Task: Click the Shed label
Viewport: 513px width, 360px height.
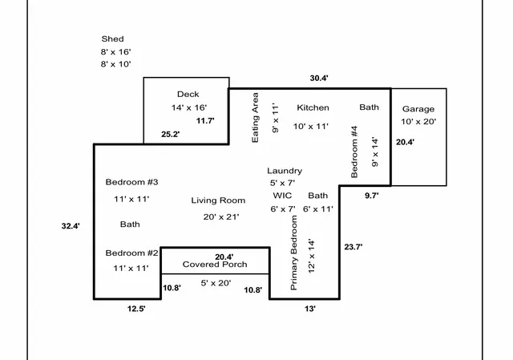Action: pyautogui.click(x=112, y=38)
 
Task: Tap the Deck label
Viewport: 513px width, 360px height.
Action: pyautogui.click(x=188, y=94)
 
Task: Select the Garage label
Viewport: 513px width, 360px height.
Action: pyautogui.click(x=418, y=109)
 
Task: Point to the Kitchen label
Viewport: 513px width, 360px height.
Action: pyautogui.click(x=313, y=107)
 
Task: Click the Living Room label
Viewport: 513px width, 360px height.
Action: pyautogui.click(x=218, y=200)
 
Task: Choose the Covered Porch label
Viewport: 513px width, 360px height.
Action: pyautogui.click(x=214, y=265)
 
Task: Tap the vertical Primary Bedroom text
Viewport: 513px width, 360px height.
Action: pyautogui.click(x=294, y=253)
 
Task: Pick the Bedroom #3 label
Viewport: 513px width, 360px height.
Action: pyautogui.click(x=132, y=182)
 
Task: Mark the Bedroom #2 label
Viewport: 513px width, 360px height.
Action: pyautogui.click(x=132, y=253)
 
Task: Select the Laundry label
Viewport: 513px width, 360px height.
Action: pyautogui.click(x=285, y=171)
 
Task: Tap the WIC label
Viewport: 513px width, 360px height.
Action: pyautogui.click(x=282, y=196)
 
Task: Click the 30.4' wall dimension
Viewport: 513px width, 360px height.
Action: pyautogui.click(x=319, y=79)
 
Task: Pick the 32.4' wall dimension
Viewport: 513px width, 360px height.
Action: pyautogui.click(x=71, y=226)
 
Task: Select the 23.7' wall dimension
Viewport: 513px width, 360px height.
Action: pyautogui.click(x=353, y=247)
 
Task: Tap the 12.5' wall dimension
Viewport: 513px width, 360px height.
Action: pyautogui.click(x=135, y=308)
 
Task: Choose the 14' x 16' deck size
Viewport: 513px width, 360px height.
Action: pyautogui.click(x=189, y=107)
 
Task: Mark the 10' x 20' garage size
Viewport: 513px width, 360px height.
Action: pyautogui.click(x=418, y=122)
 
